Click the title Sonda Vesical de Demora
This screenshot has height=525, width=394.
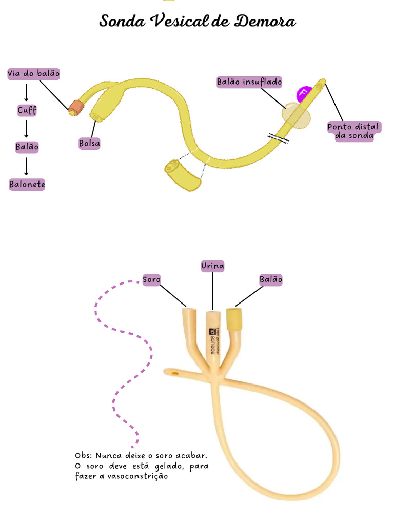198,22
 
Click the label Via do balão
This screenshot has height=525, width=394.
34,74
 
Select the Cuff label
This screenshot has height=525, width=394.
27,110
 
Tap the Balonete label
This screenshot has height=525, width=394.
27,185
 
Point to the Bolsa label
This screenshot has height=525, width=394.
89,144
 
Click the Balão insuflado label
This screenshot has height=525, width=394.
249,82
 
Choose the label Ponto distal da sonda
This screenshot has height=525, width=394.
353,131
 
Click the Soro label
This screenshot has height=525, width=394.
151,280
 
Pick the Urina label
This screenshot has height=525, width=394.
212,266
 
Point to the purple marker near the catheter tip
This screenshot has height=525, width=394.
304,93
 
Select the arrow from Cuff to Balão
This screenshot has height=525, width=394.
27,128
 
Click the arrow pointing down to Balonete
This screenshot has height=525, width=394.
27,166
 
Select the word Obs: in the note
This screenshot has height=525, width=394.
83,455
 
